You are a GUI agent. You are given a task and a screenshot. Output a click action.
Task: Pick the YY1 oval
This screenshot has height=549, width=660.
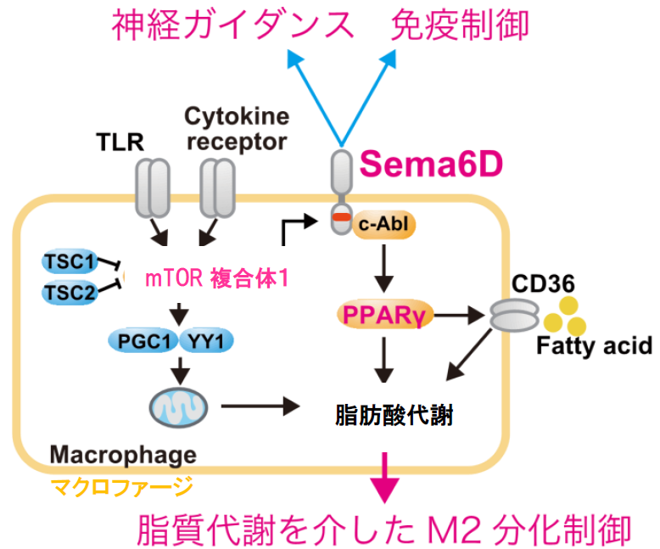pos(202,340)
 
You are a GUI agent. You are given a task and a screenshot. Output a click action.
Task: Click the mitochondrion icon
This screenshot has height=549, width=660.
pos(177,406)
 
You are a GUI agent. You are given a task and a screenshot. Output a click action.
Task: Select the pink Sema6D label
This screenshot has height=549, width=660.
pos(430,164)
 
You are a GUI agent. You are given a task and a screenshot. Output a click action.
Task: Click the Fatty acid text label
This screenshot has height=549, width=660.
pos(593,346)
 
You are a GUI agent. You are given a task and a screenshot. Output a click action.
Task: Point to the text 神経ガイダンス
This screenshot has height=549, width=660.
pos(233,25)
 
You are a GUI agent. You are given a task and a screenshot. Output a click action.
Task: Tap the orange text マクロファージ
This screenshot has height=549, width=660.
pos(121,487)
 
